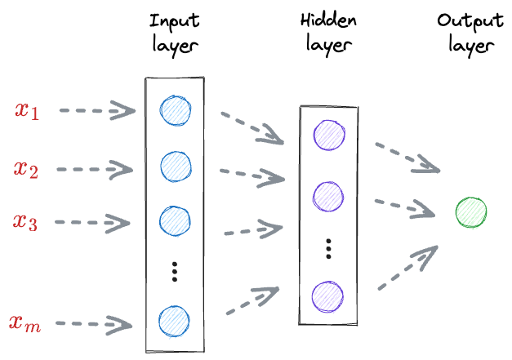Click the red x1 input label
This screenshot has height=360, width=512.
[x=26, y=110]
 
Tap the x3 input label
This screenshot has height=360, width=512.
[x=26, y=220]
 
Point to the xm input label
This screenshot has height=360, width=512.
[x=26, y=324]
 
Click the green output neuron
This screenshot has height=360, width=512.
[x=471, y=212]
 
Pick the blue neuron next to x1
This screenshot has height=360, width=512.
[x=175, y=110]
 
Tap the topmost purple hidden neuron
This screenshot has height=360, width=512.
[x=327, y=135]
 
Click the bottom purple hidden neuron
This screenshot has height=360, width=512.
[x=327, y=295]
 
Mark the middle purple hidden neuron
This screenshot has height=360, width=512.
[x=327, y=194]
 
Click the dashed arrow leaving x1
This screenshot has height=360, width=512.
[x=96, y=110]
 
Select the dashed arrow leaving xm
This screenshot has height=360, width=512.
[x=96, y=325]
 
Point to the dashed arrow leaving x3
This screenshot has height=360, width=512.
[x=96, y=222]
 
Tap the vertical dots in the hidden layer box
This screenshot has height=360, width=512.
[x=327, y=248]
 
